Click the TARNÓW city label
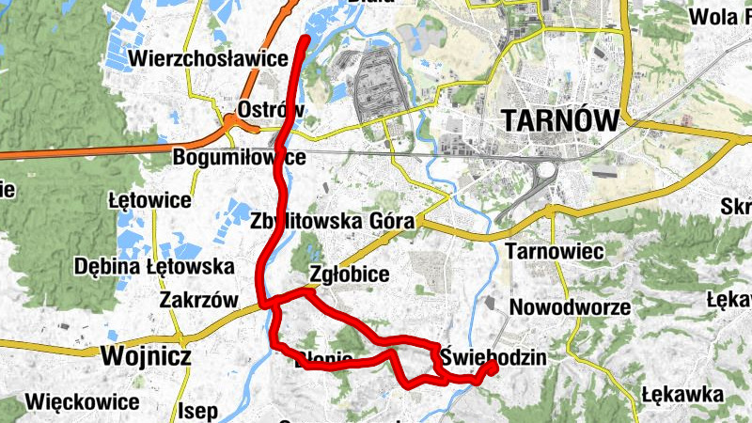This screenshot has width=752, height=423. [560, 121]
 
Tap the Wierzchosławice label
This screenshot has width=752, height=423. [211, 58]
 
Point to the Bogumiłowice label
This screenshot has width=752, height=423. [240, 157]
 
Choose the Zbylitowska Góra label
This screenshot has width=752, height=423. [333, 222]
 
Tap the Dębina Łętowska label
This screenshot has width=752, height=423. [155, 266]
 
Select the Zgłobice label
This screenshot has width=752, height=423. [349, 274]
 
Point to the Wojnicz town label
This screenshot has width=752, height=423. [145, 356]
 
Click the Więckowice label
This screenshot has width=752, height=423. [83, 402]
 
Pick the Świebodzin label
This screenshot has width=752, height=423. [493, 357]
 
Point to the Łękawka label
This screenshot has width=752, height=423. [683, 394]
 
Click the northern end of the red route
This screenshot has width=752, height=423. [305, 39]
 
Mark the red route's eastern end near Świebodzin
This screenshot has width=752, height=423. [491, 368]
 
